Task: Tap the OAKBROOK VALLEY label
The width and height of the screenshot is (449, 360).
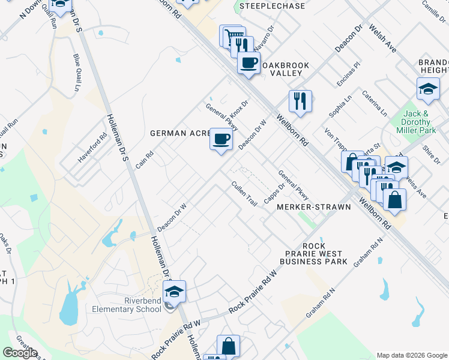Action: pyautogui.click(x=282, y=68)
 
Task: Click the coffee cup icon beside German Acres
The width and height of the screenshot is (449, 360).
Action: pyautogui.click(x=221, y=139)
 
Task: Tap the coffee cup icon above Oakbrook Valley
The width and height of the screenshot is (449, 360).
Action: pyautogui.click(x=249, y=62)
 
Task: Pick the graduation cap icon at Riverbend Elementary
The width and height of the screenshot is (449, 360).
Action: pyautogui.click(x=174, y=292)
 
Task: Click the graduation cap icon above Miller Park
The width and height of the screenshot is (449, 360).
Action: pyautogui.click(x=428, y=89)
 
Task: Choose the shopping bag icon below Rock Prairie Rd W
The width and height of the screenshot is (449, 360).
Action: pyautogui.click(x=228, y=346)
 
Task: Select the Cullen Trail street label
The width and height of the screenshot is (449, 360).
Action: pyautogui.click(x=244, y=194)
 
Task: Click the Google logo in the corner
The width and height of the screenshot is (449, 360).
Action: pyautogui.click(x=20, y=353)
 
